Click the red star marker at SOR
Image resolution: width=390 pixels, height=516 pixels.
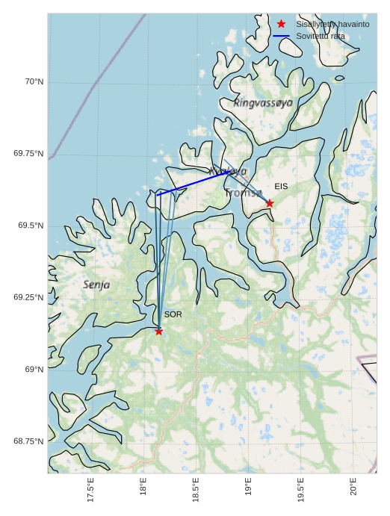(158, 331)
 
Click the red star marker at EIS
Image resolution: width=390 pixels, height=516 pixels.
(270, 203)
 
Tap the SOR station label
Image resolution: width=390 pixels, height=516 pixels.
(173, 314)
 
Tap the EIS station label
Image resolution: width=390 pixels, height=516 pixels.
(281, 186)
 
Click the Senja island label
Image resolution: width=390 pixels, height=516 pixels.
(96, 285)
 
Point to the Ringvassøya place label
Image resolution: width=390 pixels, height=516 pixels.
(263, 103)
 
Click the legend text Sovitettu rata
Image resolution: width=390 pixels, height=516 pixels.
(321, 36)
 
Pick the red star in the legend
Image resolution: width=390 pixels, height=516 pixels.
(281, 24)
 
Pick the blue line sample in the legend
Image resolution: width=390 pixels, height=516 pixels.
(281, 36)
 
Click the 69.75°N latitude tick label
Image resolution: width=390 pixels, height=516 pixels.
(28, 153)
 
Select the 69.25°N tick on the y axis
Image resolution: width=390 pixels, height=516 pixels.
(28, 297)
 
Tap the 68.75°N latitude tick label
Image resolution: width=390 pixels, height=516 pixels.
(28, 441)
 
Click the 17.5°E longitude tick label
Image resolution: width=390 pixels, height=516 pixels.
(90, 490)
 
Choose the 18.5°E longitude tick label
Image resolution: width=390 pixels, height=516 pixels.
(196, 490)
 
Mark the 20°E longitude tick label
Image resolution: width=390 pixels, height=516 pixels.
(353, 487)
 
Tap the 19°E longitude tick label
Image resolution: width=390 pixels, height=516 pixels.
(248, 487)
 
